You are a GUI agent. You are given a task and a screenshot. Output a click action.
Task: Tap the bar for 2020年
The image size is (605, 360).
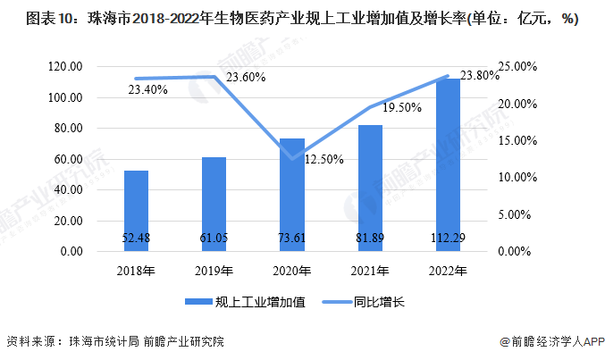pyautogui.click(x=292, y=195)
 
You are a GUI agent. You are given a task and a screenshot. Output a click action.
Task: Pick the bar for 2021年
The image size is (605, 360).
pyautogui.click(x=370, y=188)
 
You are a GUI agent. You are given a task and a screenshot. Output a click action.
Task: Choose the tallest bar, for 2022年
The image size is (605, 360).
pyautogui.click(x=448, y=165)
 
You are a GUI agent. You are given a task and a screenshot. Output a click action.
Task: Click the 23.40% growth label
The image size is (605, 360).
pyautogui.click(x=147, y=90)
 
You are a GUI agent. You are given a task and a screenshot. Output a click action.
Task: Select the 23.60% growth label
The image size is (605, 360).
pyautogui.click(x=245, y=78)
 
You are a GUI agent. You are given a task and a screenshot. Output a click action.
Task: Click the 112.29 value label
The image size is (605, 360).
pyautogui.click(x=448, y=237)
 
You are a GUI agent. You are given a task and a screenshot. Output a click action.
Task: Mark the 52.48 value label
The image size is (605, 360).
pyautogui.click(x=136, y=237)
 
